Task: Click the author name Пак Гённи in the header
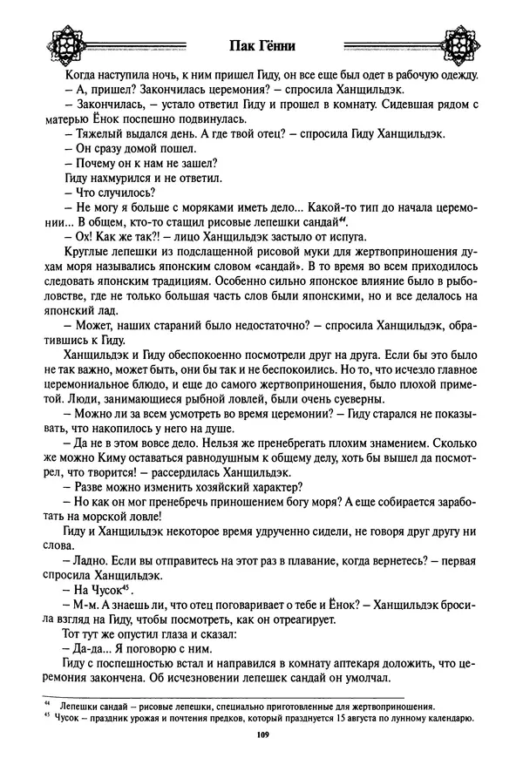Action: tap(261, 45)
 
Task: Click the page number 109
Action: tap(261, 736)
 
